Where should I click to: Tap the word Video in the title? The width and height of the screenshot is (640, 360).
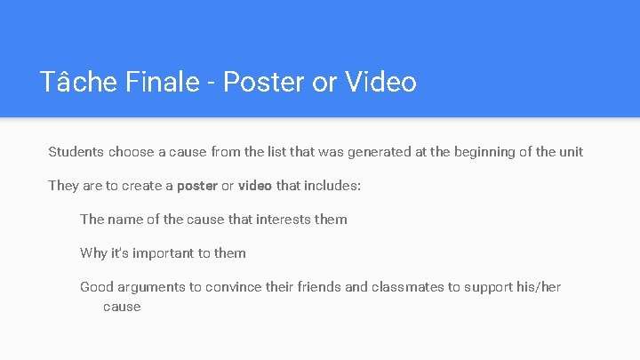click(x=380, y=82)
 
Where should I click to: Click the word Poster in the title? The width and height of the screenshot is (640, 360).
click(x=264, y=82)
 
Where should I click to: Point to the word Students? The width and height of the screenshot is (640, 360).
click(x=76, y=152)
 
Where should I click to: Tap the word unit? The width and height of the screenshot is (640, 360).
click(x=571, y=152)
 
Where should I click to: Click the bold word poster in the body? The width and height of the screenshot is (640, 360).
click(x=197, y=186)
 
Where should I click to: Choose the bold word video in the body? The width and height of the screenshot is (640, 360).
click(x=254, y=186)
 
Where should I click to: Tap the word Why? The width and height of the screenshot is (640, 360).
click(x=93, y=253)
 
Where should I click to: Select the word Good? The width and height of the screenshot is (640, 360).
click(x=96, y=287)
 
